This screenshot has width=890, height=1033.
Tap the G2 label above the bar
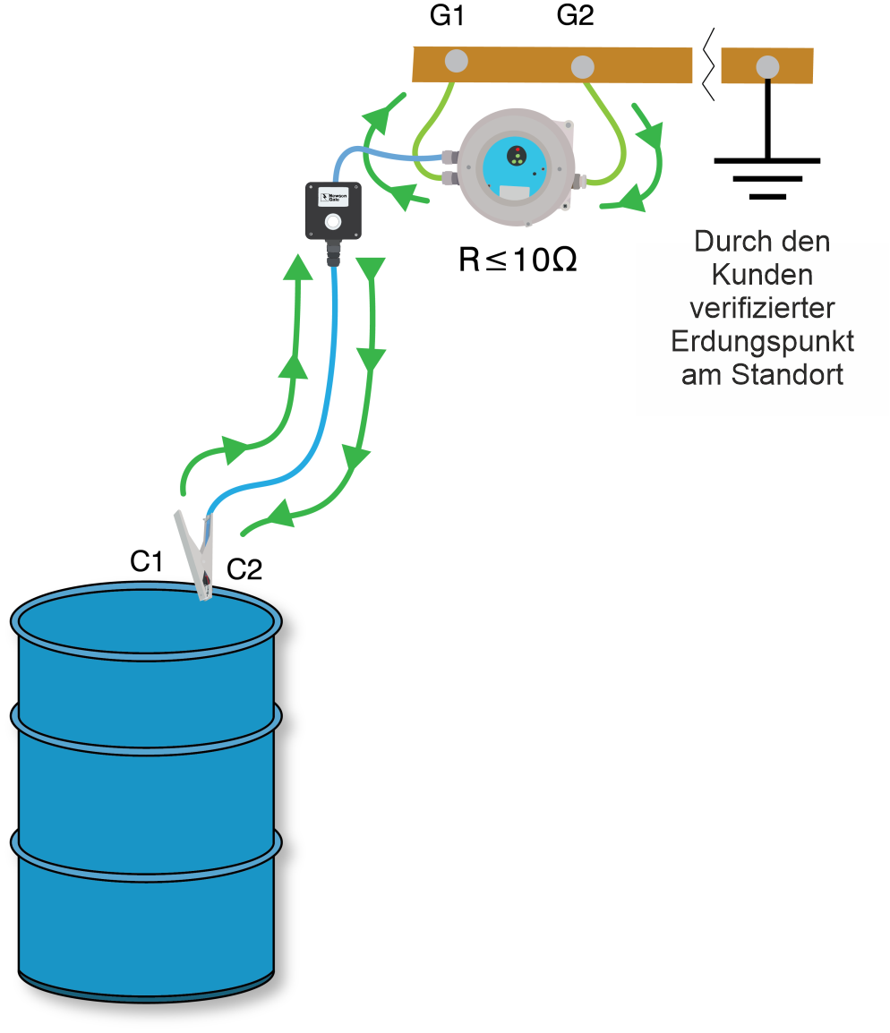point(575,17)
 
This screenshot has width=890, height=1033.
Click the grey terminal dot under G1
point(456,61)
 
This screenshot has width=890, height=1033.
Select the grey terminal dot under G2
point(583,66)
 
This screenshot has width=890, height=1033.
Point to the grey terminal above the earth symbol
point(766,66)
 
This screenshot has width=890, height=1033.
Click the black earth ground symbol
point(766,175)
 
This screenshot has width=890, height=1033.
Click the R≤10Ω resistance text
point(518,260)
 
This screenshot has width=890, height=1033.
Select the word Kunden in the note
point(762,275)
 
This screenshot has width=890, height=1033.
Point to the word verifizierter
point(762,308)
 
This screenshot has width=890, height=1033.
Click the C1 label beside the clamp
point(146,561)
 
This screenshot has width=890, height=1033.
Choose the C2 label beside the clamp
point(244,569)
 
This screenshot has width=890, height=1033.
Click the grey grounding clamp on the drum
point(199,555)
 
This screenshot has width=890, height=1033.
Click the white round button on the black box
point(333,221)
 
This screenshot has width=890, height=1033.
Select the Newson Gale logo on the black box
point(333,194)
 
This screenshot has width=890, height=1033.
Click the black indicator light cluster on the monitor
point(516,156)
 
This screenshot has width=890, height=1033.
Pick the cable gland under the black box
point(334,255)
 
